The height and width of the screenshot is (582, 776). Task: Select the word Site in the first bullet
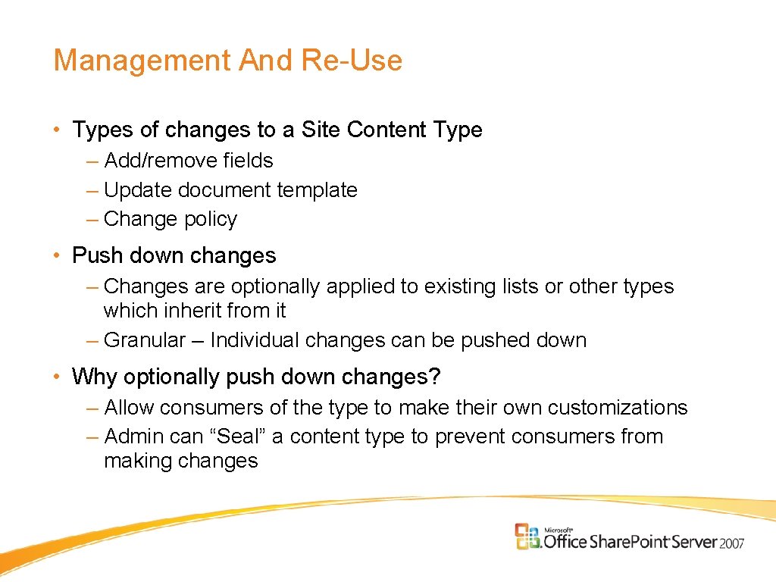tap(321, 130)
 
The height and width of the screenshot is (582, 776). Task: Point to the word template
tap(317, 189)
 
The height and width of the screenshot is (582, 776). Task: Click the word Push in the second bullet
tap(96, 255)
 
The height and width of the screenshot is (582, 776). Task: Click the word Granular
tap(145, 340)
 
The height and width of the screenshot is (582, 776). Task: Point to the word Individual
tap(255, 340)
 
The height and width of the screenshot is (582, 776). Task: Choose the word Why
tap(94, 377)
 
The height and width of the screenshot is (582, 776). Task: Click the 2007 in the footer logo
tap(732, 543)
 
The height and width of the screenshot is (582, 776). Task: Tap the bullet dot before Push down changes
tap(58, 256)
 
